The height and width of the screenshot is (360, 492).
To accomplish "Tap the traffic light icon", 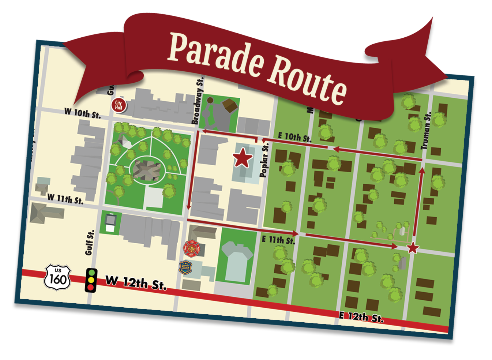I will pos(91,280).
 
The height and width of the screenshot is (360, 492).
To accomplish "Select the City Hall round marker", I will pos(119,105).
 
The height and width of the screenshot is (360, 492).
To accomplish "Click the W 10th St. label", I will pos(82,113).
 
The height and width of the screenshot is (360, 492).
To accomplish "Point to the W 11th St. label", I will pos(65,199).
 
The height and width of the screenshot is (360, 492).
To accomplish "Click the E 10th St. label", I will pos(294,137).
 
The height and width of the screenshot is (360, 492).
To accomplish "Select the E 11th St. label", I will pos(278,240).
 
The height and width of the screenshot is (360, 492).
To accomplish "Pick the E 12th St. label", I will pos(361,316).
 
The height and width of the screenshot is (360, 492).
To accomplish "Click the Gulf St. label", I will pos(90,243).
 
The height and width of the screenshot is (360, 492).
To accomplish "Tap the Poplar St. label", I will pos(264,160).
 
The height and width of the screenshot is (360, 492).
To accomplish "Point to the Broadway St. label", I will pos(197,101).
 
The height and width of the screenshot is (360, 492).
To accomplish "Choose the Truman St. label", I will pos(426,131).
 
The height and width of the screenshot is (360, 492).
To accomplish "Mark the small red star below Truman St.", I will pos(413,248).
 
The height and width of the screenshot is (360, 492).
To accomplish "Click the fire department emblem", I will pos(191,249).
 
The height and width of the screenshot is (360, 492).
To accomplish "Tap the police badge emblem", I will pos(185,267).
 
